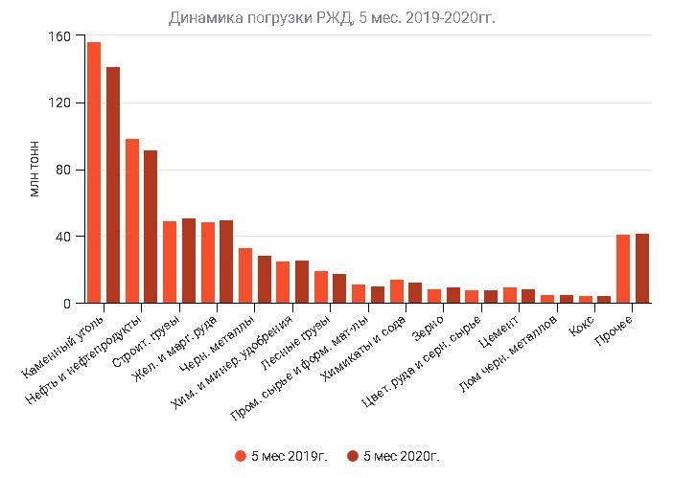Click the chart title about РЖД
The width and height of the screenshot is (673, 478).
pos(332,17)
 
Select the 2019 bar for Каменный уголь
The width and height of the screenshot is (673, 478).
pos(94,172)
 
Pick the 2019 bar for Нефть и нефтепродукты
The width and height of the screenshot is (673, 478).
pos(132,221)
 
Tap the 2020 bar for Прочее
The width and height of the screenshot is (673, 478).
pos(642,268)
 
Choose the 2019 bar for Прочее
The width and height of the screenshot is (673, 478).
pos(623,269)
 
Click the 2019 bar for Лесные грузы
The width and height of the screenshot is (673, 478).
pos(321,287)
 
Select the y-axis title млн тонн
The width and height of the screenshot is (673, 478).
pos(35,170)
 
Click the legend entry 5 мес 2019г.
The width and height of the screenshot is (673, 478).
pos(281,457)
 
